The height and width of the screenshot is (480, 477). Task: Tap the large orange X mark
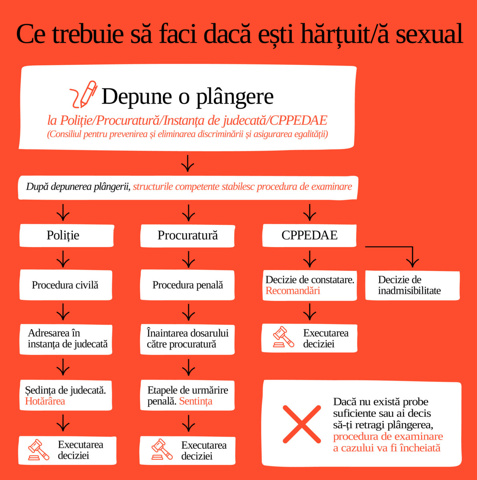click(302, 424)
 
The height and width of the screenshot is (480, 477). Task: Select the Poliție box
click(67, 236)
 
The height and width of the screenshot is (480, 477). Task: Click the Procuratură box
click(188, 236)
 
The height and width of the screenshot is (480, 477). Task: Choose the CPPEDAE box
click(309, 235)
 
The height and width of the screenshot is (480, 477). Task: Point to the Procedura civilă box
click(66, 285)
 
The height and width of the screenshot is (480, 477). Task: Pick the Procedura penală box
click(187, 285)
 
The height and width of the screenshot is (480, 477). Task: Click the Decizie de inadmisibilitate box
click(413, 286)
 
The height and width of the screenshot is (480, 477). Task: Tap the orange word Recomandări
click(293, 291)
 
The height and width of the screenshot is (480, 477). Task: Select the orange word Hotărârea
click(45, 401)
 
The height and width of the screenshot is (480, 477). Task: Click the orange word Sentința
click(196, 401)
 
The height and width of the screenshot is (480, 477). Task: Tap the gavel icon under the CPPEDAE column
click(284, 337)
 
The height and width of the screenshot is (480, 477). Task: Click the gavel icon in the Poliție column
click(39, 449)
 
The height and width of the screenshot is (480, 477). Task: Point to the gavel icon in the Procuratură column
click(162, 449)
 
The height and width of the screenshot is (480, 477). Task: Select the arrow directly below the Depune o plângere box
click(188, 164)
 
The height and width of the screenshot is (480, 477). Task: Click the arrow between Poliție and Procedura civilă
click(63, 259)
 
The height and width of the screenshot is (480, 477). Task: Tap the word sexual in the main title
click(429, 34)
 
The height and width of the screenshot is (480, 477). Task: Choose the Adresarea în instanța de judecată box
click(66, 339)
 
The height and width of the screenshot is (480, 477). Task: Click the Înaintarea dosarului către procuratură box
click(187, 339)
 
